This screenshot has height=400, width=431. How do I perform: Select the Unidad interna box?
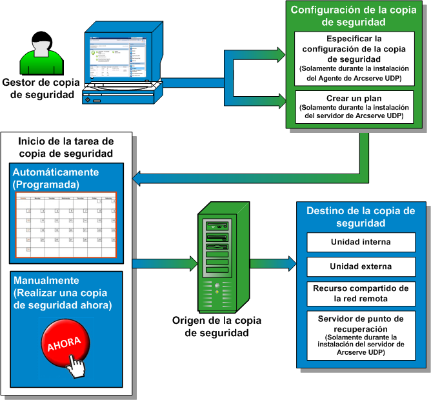pyautogui.click(x=361, y=243)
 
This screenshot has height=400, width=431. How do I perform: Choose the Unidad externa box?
pyautogui.click(x=361, y=266)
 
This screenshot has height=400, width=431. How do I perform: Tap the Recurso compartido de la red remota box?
pyautogui.click(x=361, y=293)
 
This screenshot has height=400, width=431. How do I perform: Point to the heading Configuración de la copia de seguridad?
pyautogui.click(x=353, y=16)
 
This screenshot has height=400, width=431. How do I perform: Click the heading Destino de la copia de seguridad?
pyautogui.click(x=361, y=217)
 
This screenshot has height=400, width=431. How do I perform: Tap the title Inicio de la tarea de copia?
pyautogui.click(x=66, y=147)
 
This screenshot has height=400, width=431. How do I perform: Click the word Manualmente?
pyautogui.click(x=45, y=281)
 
